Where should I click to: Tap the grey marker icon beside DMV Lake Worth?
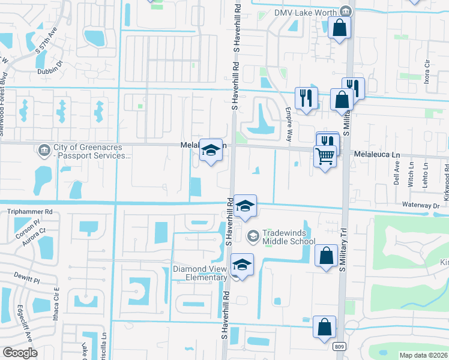coord(345,11)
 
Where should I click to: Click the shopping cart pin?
coord(325,157)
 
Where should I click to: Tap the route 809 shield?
coord(340,347)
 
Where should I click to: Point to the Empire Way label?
coord(289,124)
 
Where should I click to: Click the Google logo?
coord(20,352)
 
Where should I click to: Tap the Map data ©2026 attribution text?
coord(423,355)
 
